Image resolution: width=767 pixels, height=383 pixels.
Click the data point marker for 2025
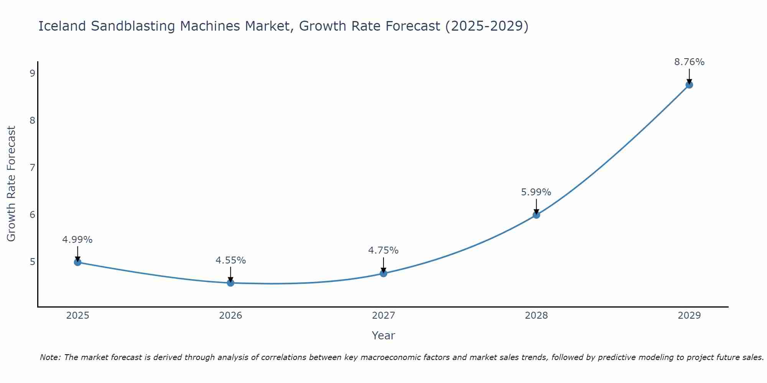[x=77, y=262]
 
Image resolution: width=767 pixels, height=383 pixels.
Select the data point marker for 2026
[x=230, y=283]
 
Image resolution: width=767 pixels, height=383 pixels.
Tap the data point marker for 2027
[x=383, y=273]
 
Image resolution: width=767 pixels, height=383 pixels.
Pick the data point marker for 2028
[x=536, y=215]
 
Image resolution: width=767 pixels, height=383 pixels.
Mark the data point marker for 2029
[x=689, y=85]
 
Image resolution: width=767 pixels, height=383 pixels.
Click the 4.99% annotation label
[x=77, y=240]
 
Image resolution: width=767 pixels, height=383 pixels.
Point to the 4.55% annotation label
[x=230, y=260]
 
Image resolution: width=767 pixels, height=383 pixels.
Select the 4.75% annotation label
[x=383, y=250]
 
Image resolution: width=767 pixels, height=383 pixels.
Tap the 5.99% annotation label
[x=536, y=192]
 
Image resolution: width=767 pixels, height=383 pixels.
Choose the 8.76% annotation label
[x=689, y=62]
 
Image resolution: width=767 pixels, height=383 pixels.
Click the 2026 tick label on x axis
[x=230, y=316]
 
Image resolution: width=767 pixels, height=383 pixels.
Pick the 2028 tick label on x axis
[x=536, y=316]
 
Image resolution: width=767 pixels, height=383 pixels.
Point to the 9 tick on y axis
[x=32, y=73]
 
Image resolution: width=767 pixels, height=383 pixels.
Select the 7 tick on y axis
[x=32, y=167]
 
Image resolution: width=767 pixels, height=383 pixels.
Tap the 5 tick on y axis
[x=32, y=262]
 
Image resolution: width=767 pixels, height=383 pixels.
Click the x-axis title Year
[x=383, y=336]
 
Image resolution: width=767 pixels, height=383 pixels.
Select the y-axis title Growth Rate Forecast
[x=12, y=184]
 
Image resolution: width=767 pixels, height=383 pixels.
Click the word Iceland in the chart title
[x=62, y=26]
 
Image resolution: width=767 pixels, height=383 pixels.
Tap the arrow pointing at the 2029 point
[x=689, y=76]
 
